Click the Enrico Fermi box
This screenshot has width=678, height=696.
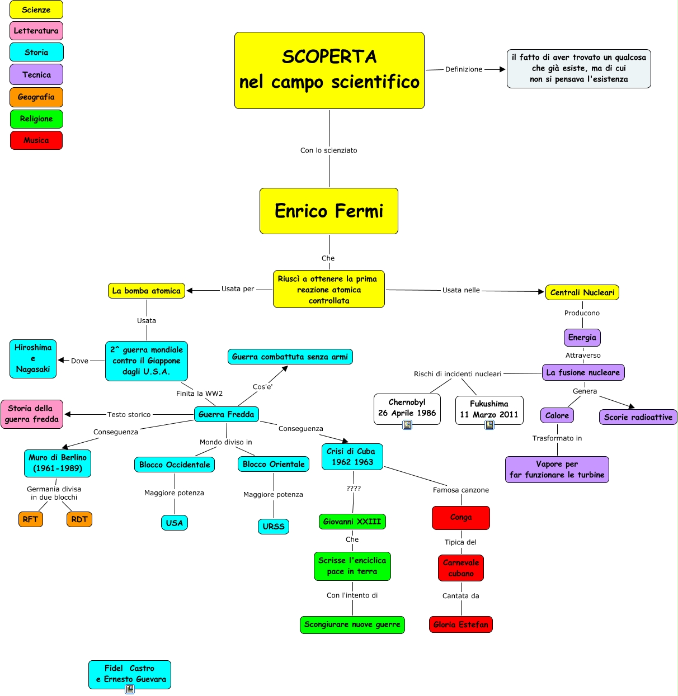point(329,211)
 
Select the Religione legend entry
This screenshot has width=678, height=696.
point(36,119)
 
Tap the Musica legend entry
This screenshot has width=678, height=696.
point(36,140)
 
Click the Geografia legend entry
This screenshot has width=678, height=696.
point(36,97)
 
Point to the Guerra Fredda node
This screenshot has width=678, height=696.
point(227,414)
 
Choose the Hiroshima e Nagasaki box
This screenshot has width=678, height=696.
point(33,358)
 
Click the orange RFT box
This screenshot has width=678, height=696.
point(31,519)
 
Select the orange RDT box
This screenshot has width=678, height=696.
point(79,519)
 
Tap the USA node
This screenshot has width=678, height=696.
point(175,523)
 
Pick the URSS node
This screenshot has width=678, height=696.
point(274,526)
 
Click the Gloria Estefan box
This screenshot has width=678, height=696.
point(461,624)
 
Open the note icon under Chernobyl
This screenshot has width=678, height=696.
point(407,425)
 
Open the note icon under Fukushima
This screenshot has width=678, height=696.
point(489,425)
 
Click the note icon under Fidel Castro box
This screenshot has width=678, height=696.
point(130,689)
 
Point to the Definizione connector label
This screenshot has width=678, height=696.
point(464,69)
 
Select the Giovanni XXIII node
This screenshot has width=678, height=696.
point(352,522)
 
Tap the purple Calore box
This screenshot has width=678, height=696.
point(557,415)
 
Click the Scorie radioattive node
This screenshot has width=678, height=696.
point(638,417)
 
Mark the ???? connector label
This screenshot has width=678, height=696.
point(354,488)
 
